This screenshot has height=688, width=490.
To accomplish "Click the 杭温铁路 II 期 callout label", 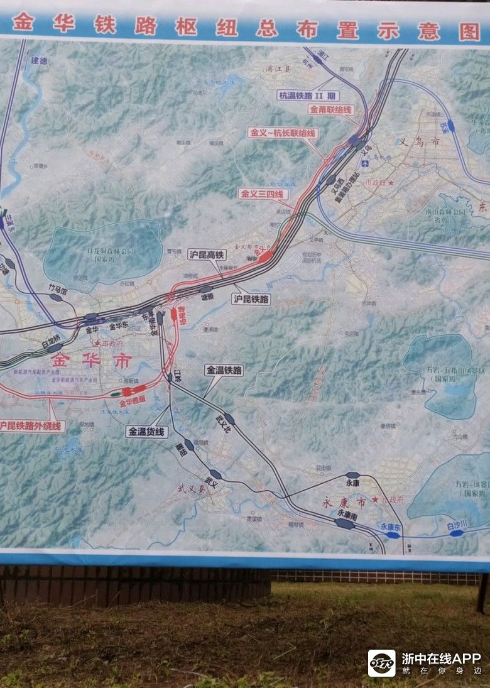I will [308, 96].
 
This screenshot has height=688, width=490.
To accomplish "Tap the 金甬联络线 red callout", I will [331, 109].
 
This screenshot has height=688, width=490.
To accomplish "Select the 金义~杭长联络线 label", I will [283, 133].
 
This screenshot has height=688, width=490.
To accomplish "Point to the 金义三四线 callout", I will [263, 194].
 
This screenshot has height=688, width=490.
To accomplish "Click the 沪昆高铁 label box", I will [206, 254].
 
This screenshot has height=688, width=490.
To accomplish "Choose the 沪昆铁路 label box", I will [251, 299].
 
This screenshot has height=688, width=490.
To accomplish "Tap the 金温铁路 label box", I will [224, 370].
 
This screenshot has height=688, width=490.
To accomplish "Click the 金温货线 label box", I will [146, 432].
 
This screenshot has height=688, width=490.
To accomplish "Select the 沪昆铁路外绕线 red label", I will [31, 426].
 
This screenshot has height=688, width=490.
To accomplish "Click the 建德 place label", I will [38, 61].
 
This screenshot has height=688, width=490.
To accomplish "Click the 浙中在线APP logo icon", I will [381, 663].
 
